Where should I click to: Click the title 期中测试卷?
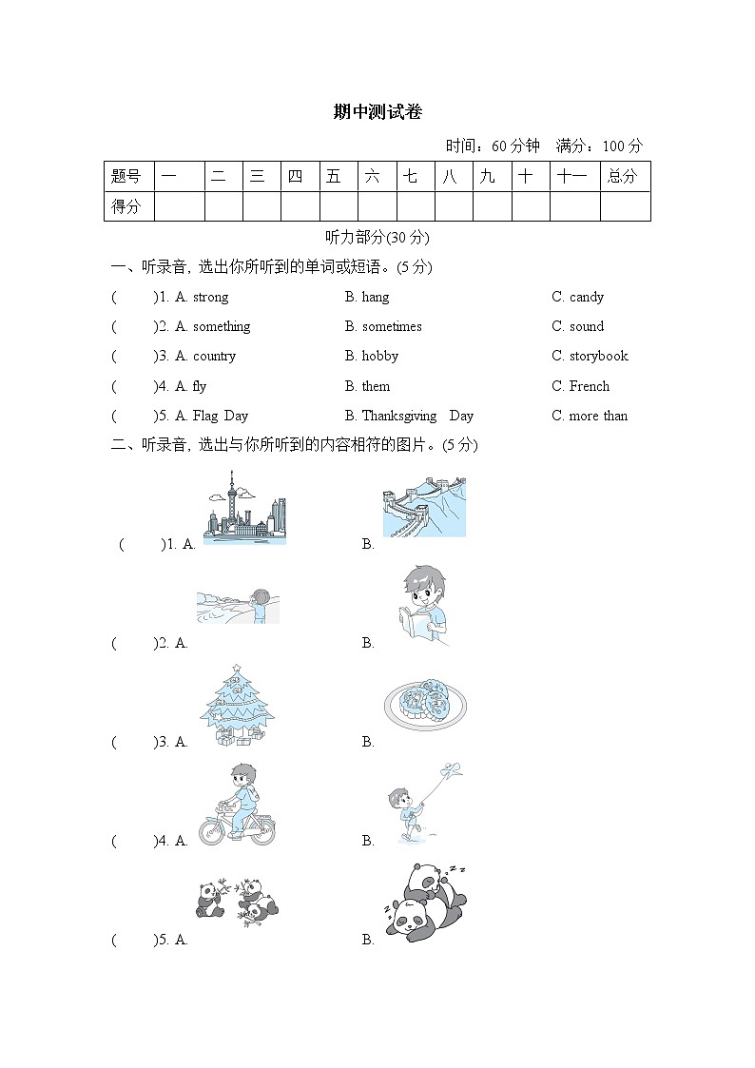tap(377, 112)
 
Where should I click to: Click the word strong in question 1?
tap(210, 297)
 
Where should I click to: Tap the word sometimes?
tap(391, 326)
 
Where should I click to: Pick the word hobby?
tap(379, 356)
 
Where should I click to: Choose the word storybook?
tap(598, 356)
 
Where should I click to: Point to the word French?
tap(589, 386)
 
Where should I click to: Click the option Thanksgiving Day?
tap(416, 416)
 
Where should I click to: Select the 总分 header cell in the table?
tap(624, 176)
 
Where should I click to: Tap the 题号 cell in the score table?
tap(127, 176)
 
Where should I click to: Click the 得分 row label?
tap(127, 205)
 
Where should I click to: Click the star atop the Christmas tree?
tap(236, 668)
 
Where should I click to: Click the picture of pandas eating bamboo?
tap(238, 899)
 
